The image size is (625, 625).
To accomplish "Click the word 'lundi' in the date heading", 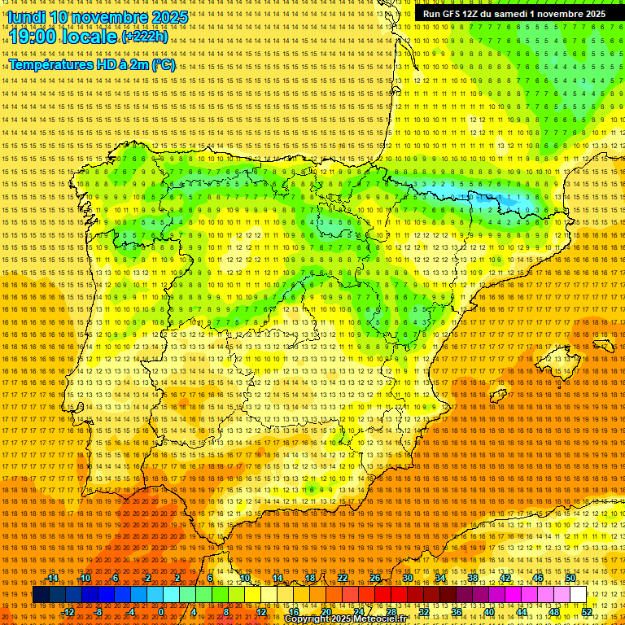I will pyautogui.click(x=26, y=16).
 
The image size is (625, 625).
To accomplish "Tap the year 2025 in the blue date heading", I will pyautogui.click(x=169, y=16).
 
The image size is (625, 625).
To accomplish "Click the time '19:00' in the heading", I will pyautogui.click(x=33, y=37).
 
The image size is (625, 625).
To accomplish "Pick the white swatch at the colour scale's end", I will pyautogui.click(x=578, y=595).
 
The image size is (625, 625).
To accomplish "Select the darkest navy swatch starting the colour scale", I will pyautogui.click(x=41, y=595).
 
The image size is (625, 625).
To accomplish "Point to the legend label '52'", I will pyautogui.click(x=587, y=612).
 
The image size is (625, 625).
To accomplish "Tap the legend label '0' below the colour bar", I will pyautogui.click(x=161, y=612).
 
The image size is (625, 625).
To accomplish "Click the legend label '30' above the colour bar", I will pyautogui.click(x=408, y=578).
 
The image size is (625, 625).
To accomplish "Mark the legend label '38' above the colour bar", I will pyautogui.click(x=473, y=578).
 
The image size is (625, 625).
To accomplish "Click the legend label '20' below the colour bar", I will pyautogui.click(x=326, y=612).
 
